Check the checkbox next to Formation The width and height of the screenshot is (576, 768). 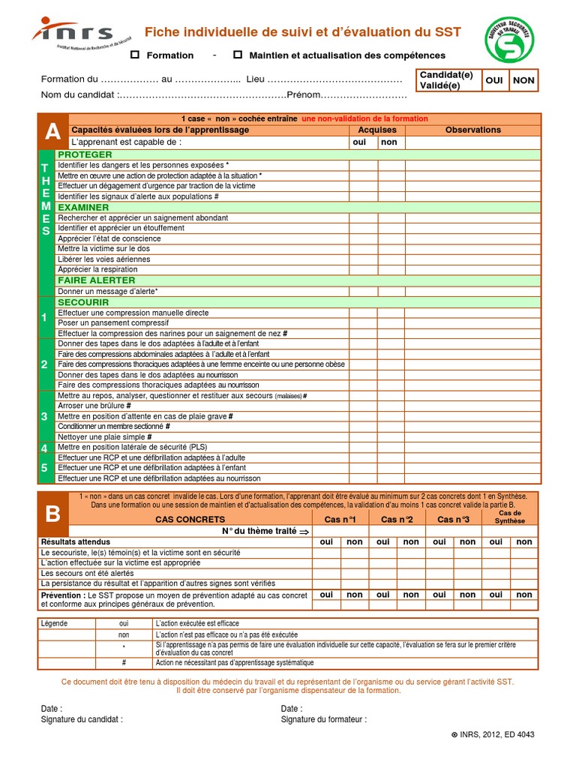135,55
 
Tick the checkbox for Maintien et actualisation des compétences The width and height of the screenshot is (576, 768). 238,55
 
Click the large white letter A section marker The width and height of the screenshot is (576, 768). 52,132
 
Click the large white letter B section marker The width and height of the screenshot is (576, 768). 52,514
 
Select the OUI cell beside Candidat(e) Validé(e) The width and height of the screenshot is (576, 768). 494,80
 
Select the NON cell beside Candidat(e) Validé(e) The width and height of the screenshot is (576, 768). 523,80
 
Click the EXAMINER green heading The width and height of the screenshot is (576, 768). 83,207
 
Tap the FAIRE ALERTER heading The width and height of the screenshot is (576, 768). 92,280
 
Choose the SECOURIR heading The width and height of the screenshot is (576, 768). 83,302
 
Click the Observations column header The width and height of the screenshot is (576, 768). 472,130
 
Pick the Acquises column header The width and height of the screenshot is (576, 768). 377,130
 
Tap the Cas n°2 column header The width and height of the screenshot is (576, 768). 397,519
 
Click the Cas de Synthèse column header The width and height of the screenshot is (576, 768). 510,517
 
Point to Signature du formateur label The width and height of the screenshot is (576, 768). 324,719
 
